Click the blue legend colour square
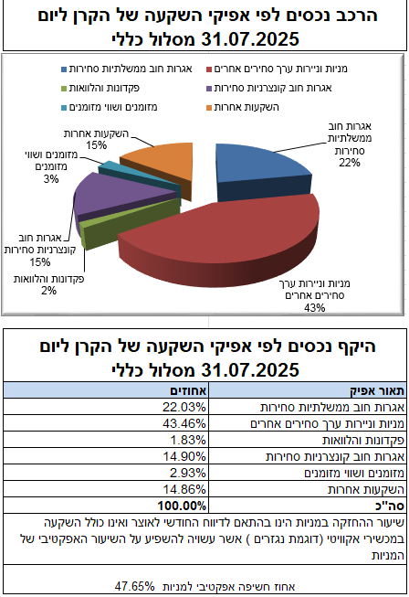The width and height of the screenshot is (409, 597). [x=64, y=69]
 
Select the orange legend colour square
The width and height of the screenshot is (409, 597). [x=209, y=108]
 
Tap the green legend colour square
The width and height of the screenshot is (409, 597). [x=64, y=89]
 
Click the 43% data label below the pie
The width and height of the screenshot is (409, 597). [x=314, y=307]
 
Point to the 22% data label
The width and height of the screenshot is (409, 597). [x=350, y=163]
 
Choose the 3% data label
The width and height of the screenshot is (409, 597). [x=51, y=179]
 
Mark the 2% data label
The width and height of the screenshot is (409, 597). [x=48, y=291]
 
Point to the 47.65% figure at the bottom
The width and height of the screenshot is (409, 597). [x=134, y=586]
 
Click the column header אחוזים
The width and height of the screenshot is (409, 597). [x=188, y=390]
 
